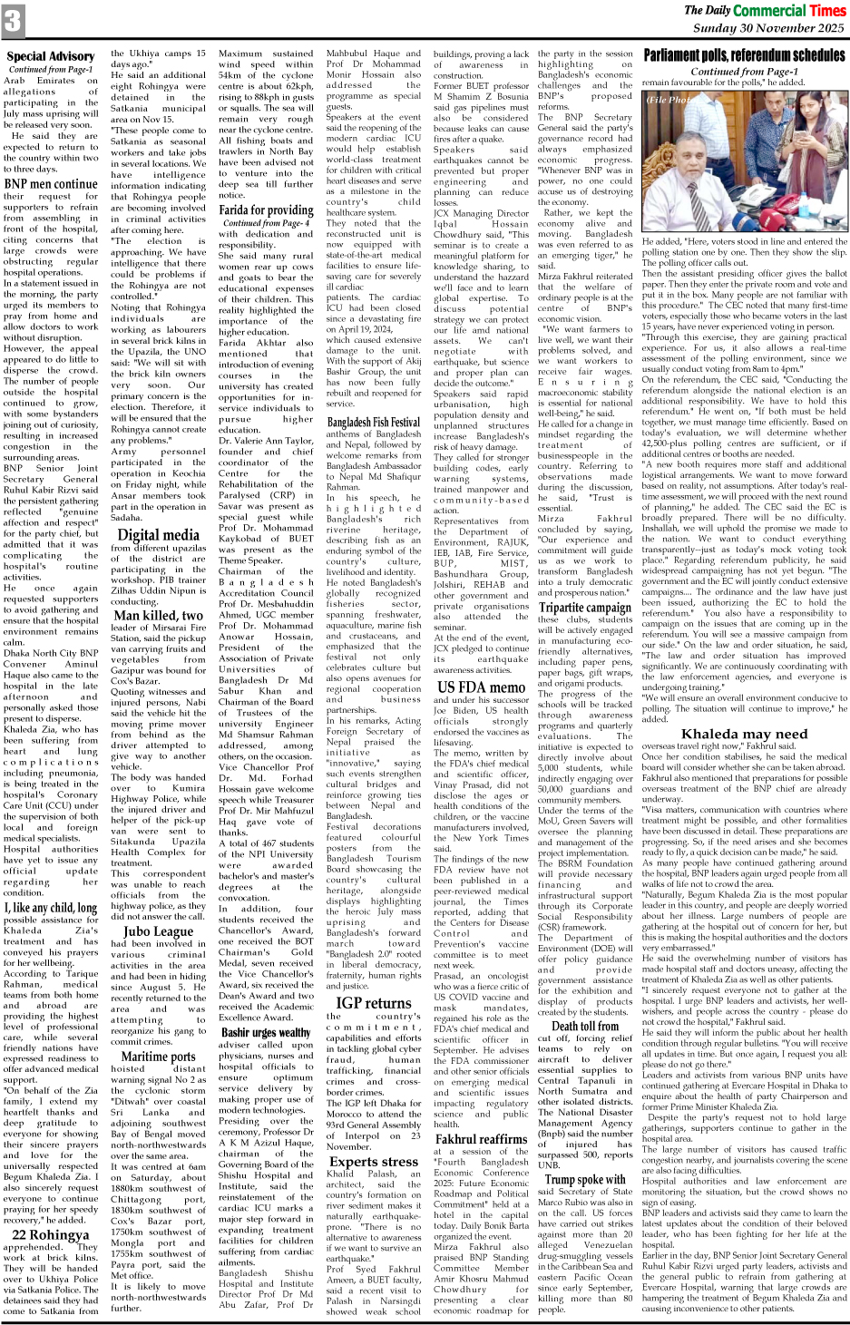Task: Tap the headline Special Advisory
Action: (50, 56)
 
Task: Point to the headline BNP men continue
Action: (51, 184)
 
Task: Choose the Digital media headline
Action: (158, 535)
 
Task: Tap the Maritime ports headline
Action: (158, 1056)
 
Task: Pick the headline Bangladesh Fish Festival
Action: (373, 423)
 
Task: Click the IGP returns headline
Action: (373, 1003)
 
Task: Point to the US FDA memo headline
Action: (481, 687)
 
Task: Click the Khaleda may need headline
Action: (744, 734)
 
